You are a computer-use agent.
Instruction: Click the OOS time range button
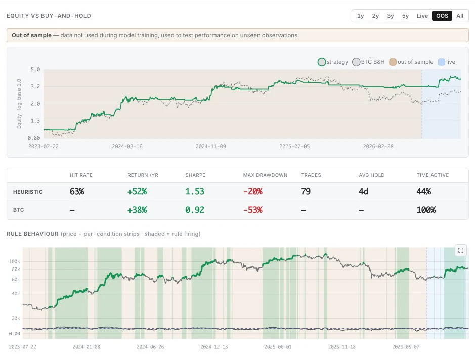tap(442, 16)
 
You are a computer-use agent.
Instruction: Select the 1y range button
tap(361, 16)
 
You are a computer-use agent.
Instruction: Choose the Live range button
tap(422, 16)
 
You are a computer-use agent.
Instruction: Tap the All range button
tap(459, 16)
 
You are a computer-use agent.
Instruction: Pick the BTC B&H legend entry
tap(368, 62)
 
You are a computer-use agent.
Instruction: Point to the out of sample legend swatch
tap(393, 62)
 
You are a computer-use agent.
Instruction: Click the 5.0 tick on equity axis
tap(35, 70)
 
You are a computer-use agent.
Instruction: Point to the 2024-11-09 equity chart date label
tap(211, 146)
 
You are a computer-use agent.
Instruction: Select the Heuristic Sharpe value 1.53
tap(195, 191)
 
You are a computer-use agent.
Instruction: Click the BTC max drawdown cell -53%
tap(252, 210)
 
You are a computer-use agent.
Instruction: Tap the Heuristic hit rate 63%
tap(77, 191)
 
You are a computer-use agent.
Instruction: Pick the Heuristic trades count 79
tap(306, 191)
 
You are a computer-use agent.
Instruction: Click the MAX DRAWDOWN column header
tap(265, 175)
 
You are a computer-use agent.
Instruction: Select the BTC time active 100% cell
tap(426, 210)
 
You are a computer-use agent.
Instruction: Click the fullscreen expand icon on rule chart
tap(461, 250)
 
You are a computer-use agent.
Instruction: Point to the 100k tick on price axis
tap(15, 261)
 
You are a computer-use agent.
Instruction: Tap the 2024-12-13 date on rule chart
tap(214, 347)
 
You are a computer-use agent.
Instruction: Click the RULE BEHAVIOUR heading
tap(32, 234)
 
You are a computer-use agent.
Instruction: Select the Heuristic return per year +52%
tap(137, 191)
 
